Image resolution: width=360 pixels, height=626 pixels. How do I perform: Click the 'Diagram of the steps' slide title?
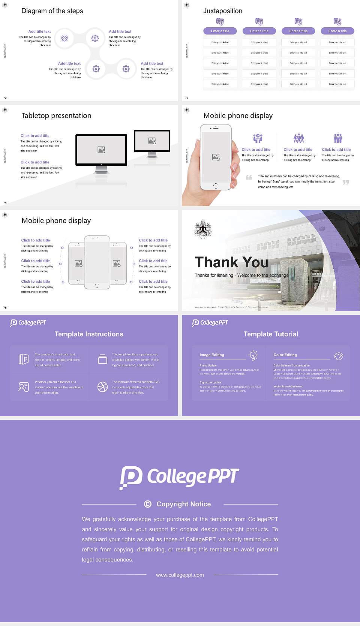point(52,11)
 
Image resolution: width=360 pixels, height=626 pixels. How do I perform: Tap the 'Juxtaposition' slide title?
point(222,11)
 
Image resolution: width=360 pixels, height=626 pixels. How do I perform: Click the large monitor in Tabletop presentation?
point(101,150)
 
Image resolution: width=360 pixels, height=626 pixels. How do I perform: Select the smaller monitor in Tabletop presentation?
point(152,141)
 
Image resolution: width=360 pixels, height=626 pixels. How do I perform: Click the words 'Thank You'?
point(231,262)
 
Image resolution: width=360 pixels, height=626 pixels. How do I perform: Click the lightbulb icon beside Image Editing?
point(253,355)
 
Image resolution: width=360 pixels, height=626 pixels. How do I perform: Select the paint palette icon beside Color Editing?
point(338,356)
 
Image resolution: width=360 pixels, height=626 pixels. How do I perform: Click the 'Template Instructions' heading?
point(89,334)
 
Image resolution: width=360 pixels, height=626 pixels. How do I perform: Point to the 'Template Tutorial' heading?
point(270,334)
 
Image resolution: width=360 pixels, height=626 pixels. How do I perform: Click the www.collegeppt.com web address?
point(180,575)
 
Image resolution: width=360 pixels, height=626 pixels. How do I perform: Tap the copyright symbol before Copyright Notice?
point(148,504)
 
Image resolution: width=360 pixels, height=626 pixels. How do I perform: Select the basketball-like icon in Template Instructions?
point(102,387)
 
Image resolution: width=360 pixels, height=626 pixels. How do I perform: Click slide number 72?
point(5,98)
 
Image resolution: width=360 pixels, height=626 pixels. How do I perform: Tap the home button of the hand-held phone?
point(215,186)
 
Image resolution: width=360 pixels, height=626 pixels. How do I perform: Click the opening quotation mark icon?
point(249,177)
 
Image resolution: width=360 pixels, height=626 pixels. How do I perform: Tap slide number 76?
point(5,308)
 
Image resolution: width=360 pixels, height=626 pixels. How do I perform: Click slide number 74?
point(5,203)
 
